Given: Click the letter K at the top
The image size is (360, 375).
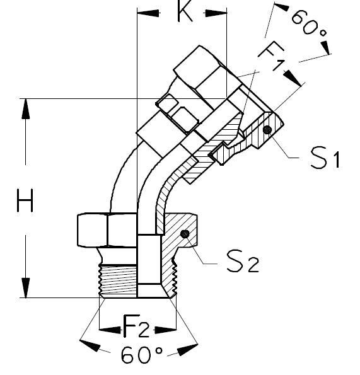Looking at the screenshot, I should [x=184, y=13].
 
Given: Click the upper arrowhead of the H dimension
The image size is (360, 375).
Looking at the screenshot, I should [x=25, y=108].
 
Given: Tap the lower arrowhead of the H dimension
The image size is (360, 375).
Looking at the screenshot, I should [x=25, y=287].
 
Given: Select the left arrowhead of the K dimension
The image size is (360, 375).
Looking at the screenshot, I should [x=147, y=13].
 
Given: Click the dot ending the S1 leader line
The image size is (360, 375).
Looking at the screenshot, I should [x=267, y=130].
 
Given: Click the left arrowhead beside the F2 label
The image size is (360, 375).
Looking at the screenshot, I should [x=111, y=329].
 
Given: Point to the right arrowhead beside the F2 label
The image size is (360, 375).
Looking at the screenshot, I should [x=166, y=329].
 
